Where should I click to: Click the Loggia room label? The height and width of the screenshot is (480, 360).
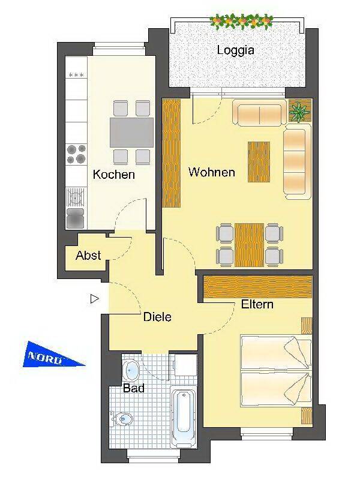click(x=235, y=50)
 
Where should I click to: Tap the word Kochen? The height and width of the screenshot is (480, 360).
click(x=114, y=175)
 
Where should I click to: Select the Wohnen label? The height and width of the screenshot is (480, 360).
click(x=212, y=172)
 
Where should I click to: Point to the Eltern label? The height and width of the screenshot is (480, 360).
click(x=257, y=304)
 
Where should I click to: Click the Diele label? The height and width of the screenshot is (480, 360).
click(x=157, y=317)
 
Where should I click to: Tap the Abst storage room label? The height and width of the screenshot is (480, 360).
click(x=88, y=256)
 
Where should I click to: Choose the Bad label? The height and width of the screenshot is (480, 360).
click(x=133, y=388)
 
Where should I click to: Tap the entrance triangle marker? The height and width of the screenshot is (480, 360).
click(x=95, y=298)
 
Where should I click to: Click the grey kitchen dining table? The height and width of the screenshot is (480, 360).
click(x=131, y=133)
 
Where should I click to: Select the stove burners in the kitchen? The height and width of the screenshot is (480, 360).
click(x=76, y=154)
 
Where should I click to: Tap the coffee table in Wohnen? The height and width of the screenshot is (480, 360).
click(x=259, y=162)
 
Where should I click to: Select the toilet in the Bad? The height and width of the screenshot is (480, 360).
click(x=122, y=419)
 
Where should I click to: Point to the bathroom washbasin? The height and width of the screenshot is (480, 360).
click(x=131, y=370)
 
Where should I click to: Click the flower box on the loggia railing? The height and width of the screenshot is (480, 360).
click(x=242, y=22)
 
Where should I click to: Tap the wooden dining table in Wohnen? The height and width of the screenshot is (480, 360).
click(x=250, y=245)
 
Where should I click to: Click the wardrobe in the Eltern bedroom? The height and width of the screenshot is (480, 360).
click(x=258, y=287)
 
